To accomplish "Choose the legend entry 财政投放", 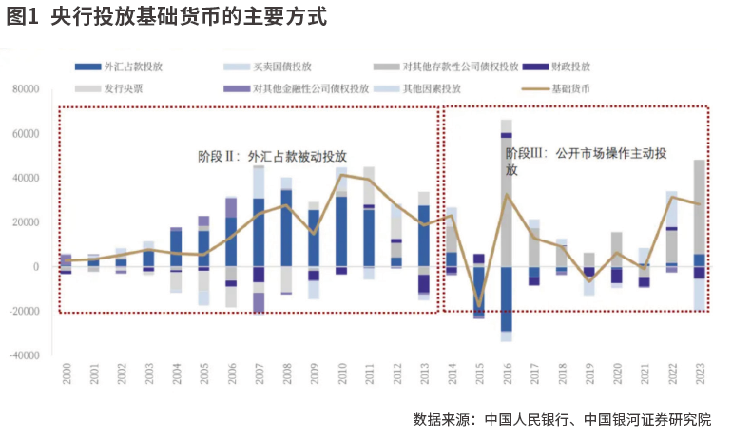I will [571, 67].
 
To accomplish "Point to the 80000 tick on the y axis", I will [26, 89].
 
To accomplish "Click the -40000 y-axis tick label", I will [24, 355].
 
